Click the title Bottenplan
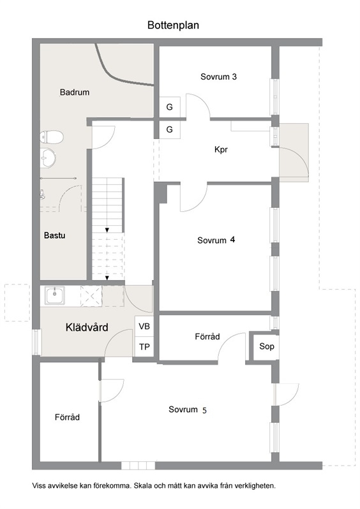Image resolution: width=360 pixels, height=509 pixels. point(173,26)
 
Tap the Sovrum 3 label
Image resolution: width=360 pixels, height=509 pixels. point(218,77)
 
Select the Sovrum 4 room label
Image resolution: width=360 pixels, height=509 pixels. point(216,240)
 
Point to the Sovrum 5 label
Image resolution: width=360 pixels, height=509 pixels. point(188,410)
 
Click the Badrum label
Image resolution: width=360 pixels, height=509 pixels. point(75,92)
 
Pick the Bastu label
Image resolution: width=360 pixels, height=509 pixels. point(55,235)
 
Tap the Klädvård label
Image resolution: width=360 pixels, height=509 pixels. point(87,327)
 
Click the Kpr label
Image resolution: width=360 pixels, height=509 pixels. point(221,150)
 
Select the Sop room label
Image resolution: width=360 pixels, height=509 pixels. point(266,347)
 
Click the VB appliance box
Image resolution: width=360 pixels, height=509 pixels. point(144,327)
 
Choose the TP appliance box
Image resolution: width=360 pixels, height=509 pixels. point(144,347)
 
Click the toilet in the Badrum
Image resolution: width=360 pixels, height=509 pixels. point(51,137)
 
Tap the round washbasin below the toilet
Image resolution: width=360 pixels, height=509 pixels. point(48,158)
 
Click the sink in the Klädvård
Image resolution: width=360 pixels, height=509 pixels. point(55,295)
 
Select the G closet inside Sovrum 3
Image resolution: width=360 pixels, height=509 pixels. point(169,107)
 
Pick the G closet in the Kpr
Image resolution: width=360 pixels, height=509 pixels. point(169,129)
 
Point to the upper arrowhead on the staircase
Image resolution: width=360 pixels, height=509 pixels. point(107,230)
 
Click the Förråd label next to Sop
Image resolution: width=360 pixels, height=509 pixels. point(207,337)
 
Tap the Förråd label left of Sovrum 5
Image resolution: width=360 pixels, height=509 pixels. point(67,417)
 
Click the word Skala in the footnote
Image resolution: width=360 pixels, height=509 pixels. point(142,486)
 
